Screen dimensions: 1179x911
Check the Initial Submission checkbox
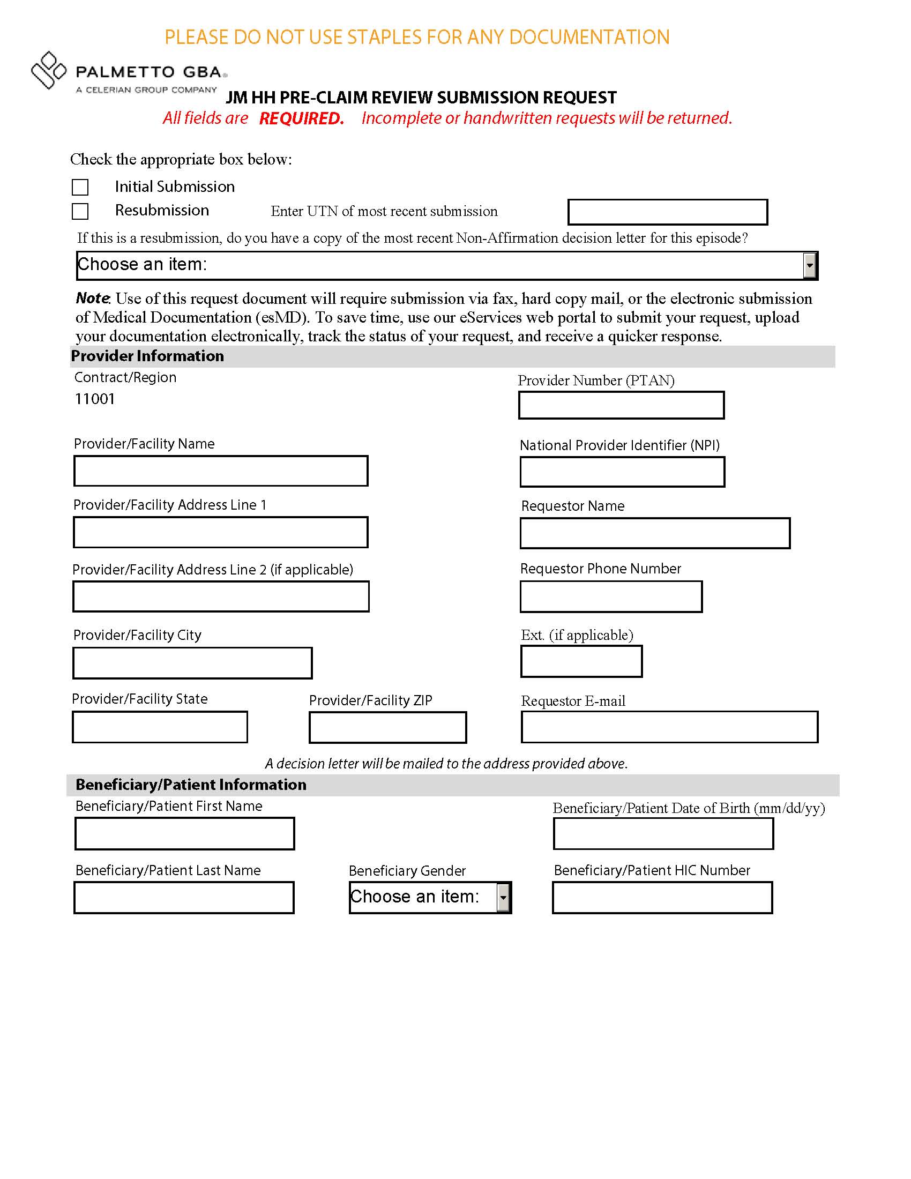click(x=80, y=188)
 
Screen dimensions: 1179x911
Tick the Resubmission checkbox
click(x=80, y=211)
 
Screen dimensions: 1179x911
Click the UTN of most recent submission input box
click(x=667, y=212)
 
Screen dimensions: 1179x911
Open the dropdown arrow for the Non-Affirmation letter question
click(x=809, y=266)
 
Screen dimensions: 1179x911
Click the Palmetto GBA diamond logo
click(x=48, y=70)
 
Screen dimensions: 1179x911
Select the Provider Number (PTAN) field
click(x=621, y=406)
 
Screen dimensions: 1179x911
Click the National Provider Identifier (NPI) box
click(x=622, y=472)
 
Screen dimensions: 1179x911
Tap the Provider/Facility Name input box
click(x=221, y=471)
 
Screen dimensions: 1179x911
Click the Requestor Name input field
click(x=655, y=533)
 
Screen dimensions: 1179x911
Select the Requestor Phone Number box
click(x=611, y=596)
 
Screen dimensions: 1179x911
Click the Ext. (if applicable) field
click(x=581, y=661)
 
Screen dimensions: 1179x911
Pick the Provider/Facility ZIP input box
click(x=387, y=727)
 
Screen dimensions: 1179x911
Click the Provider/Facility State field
click(x=160, y=727)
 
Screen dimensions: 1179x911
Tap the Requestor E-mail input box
click(x=669, y=727)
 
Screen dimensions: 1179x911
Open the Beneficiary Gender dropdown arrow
click(x=503, y=898)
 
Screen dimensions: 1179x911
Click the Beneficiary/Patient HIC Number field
click(x=662, y=898)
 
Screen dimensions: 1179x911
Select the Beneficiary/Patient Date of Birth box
click(x=663, y=834)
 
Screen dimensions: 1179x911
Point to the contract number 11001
click(x=95, y=399)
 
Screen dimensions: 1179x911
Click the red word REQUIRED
click(x=301, y=118)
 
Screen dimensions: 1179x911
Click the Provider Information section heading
click(x=147, y=356)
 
